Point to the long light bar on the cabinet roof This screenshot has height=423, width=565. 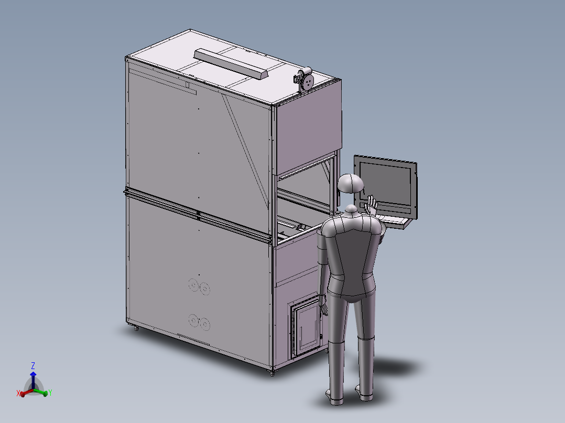(231, 62)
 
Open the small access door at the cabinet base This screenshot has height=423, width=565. (306, 328)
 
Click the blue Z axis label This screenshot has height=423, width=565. (32, 365)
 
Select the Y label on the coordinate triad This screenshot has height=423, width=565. (50, 393)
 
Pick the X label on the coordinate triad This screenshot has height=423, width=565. (18, 393)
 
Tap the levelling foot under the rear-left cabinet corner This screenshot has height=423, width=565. (137, 329)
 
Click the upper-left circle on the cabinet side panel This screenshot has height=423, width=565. (193, 284)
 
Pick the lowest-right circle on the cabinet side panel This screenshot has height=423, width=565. (204, 324)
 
